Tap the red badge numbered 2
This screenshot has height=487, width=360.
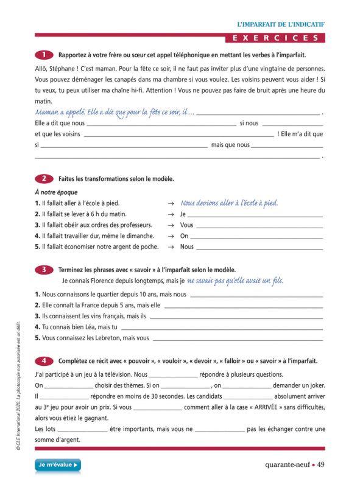tap(44, 178)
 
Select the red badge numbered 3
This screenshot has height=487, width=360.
tap(44, 269)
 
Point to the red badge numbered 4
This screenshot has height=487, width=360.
tap(44, 361)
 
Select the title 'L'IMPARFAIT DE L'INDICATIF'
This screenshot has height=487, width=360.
tap(281, 24)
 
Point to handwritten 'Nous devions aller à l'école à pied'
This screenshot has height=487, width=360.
tap(229, 203)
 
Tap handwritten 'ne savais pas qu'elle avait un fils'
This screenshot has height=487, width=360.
tap(235, 281)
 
